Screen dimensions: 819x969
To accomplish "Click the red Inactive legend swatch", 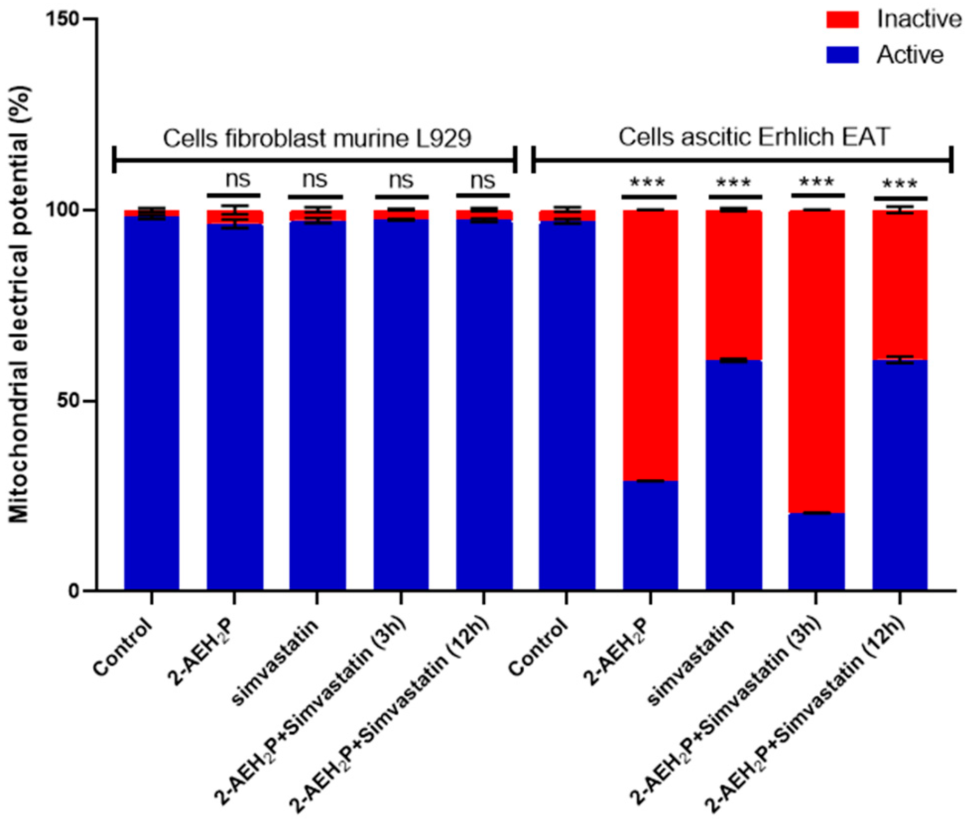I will (841, 19).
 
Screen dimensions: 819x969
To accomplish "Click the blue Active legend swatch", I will (841, 55).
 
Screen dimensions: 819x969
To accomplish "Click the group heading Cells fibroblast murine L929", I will (317, 139).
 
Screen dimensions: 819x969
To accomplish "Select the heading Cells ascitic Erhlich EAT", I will (753, 137).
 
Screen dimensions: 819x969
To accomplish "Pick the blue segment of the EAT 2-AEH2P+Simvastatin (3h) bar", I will (816, 551).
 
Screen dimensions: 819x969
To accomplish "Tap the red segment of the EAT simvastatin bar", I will (733, 284).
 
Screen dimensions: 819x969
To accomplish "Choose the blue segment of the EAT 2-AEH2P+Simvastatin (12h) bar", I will (899, 474).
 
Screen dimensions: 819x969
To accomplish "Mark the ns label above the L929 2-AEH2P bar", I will (238, 180).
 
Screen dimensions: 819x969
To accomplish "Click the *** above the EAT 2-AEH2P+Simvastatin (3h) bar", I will (816, 182).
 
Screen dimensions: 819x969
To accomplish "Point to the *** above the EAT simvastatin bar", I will (733, 183).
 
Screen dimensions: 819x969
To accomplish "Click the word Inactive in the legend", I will (919, 19).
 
